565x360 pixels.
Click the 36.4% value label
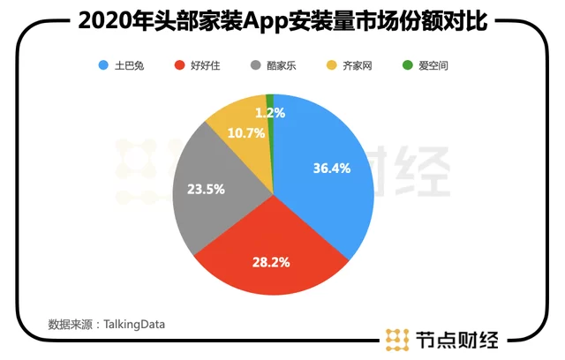(x=331, y=168)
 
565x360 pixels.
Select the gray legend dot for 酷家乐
(x=255, y=66)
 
